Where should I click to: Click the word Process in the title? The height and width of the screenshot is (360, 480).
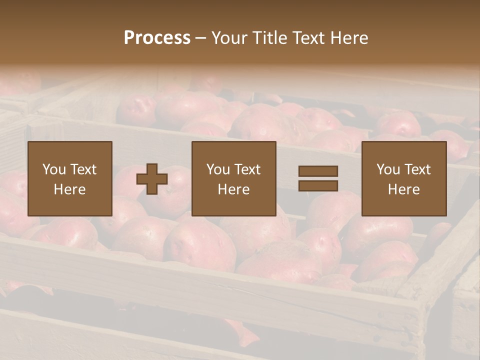coord(157,38)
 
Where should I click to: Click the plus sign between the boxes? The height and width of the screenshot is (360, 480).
coord(152,179)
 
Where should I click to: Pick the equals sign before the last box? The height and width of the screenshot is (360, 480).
coord(318,179)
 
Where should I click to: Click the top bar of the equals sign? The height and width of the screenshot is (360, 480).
coord(318,171)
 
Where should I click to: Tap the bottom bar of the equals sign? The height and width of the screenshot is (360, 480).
coord(318,185)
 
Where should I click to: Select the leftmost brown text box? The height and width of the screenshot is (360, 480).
coord(69,178)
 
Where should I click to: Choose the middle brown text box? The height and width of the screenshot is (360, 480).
coord(233,178)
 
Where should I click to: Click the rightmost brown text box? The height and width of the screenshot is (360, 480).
coord(403,178)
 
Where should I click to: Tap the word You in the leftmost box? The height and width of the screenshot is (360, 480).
coord(54,169)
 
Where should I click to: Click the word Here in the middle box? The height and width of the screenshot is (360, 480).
coord(233,189)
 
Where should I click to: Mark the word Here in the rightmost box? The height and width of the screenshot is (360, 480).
coord(403,189)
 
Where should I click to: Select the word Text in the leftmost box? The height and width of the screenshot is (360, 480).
coord(83,169)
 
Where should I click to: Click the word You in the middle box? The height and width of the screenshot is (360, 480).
coord(218,169)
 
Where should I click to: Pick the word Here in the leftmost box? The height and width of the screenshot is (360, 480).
coord(69,189)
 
